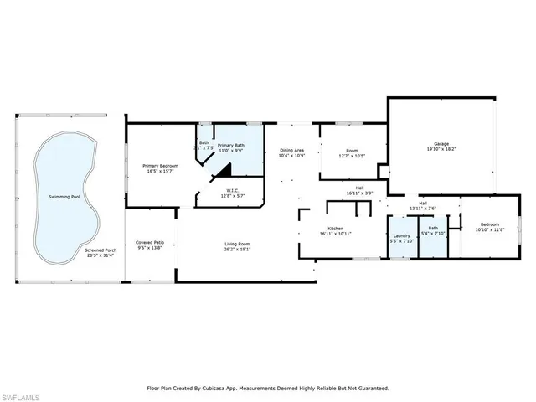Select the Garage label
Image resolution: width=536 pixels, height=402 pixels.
point(441,143)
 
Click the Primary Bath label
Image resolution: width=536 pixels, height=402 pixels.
point(231,146)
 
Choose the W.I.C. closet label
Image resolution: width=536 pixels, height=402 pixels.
point(231,190)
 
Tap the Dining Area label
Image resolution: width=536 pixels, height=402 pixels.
point(292,150)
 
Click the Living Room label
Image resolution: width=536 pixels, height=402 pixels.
point(237,244)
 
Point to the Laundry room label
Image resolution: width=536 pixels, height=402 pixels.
point(402,236)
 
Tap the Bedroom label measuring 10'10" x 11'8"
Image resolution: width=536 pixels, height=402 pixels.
point(489,224)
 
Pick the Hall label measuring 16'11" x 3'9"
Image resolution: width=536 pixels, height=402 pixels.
point(359,188)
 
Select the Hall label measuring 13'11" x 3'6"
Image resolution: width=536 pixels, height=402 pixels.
point(424,204)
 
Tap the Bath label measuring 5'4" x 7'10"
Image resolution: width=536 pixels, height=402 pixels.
point(433,228)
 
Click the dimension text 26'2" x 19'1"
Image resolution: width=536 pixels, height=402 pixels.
point(237,249)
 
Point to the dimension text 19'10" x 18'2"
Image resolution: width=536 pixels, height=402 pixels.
point(441,148)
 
